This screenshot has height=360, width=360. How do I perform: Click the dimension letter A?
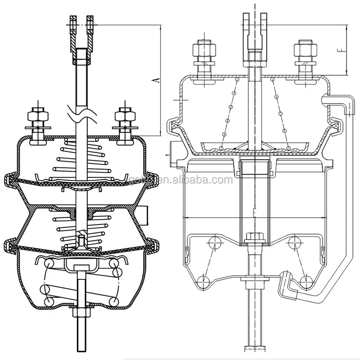click(x=155, y=80)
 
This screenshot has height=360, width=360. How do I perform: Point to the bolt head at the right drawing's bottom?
click(x=254, y=348)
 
